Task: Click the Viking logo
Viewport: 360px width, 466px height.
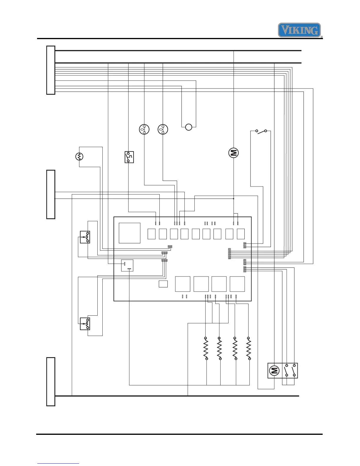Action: (299, 30)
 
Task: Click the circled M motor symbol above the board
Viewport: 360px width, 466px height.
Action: (234, 153)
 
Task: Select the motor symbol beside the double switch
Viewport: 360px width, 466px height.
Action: (274, 370)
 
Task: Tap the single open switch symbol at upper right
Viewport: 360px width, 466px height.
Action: (261, 131)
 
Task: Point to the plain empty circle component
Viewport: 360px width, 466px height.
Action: (189, 127)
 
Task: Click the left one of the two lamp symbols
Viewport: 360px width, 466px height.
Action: (144, 129)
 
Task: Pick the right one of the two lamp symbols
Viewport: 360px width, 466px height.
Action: (163, 129)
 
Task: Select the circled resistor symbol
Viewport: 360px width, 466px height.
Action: (79, 157)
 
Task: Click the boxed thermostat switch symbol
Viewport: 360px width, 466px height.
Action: (129, 157)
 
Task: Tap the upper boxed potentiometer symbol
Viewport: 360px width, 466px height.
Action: (85, 237)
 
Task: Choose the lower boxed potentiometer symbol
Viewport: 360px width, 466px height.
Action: (85, 324)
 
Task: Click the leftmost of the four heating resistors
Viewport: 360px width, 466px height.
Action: (206, 348)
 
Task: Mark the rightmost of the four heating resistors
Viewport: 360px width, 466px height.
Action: (249, 348)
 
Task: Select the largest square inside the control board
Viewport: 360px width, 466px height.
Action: (129, 233)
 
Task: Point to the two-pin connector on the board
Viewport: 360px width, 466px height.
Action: (170, 247)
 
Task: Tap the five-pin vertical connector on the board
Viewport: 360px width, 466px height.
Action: (229, 254)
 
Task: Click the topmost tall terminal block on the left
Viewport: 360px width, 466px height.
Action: (51, 70)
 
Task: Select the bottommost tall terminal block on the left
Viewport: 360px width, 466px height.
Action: (51, 382)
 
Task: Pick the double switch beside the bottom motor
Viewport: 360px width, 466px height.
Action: (290, 370)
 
